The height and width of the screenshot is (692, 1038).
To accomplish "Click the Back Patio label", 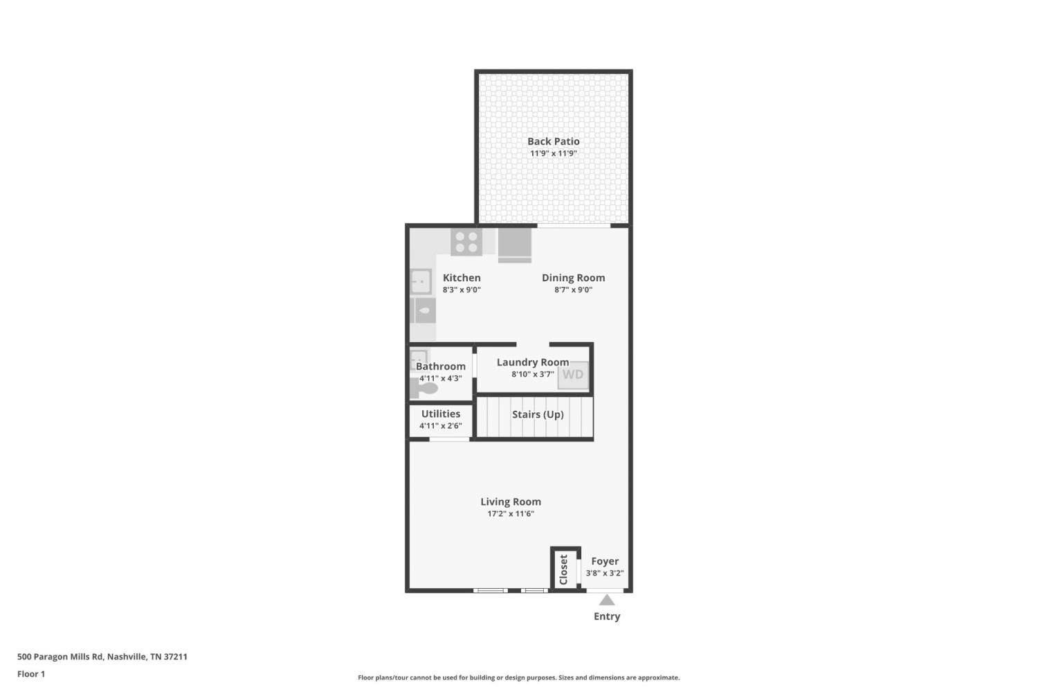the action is click(x=554, y=141).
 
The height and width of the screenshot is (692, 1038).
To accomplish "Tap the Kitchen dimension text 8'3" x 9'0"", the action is click(x=462, y=290).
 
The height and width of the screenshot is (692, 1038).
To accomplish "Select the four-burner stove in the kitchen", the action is click(x=466, y=242).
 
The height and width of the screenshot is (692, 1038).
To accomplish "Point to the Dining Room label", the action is click(x=573, y=278).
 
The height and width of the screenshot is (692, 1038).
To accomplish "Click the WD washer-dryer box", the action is click(x=573, y=375).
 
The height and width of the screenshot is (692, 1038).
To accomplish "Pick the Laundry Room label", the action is click(x=533, y=362).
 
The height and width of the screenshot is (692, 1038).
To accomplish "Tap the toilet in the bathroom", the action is click(x=424, y=388).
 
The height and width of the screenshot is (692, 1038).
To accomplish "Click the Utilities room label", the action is click(x=441, y=414).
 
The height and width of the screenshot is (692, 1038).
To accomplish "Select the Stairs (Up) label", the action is click(x=538, y=414).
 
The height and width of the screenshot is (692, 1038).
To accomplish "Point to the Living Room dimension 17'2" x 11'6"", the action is click(x=511, y=513).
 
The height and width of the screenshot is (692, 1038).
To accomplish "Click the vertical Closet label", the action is click(x=563, y=569).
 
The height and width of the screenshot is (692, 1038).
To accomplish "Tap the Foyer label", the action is click(x=605, y=561).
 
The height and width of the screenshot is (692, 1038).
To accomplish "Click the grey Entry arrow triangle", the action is click(x=607, y=601).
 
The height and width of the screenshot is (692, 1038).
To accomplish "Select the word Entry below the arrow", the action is click(x=607, y=616).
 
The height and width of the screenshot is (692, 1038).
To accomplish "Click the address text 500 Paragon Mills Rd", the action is click(x=60, y=657).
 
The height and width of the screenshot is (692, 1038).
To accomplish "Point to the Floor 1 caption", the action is click(x=31, y=674).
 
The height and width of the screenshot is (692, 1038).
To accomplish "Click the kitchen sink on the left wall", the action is click(x=421, y=281).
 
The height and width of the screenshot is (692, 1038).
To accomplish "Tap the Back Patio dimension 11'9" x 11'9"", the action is click(x=554, y=154).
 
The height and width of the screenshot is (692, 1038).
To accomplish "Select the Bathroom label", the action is click(x=441, y=366).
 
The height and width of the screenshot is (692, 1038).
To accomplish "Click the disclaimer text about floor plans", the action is click(x=518, y=677).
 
